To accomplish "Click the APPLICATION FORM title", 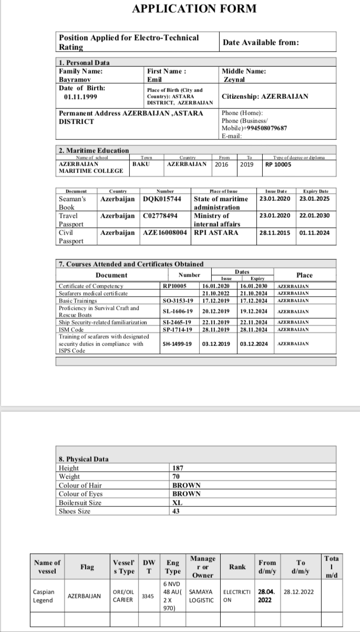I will click(x=194, y=9).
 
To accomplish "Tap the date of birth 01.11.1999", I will click(x=80, y=97).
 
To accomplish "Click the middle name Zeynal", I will click(x=234, y=80).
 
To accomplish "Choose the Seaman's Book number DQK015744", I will click(x=162, y=199).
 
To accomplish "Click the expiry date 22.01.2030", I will click(x=314, y=216).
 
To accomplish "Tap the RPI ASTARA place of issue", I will click(x=216, y=232).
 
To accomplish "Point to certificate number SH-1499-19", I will click(x=178, y=344).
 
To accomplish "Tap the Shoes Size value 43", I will click(x=176, y=511).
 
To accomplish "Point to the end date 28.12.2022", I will click(x=299, y=592).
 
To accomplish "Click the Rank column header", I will click(x=238, y=567).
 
